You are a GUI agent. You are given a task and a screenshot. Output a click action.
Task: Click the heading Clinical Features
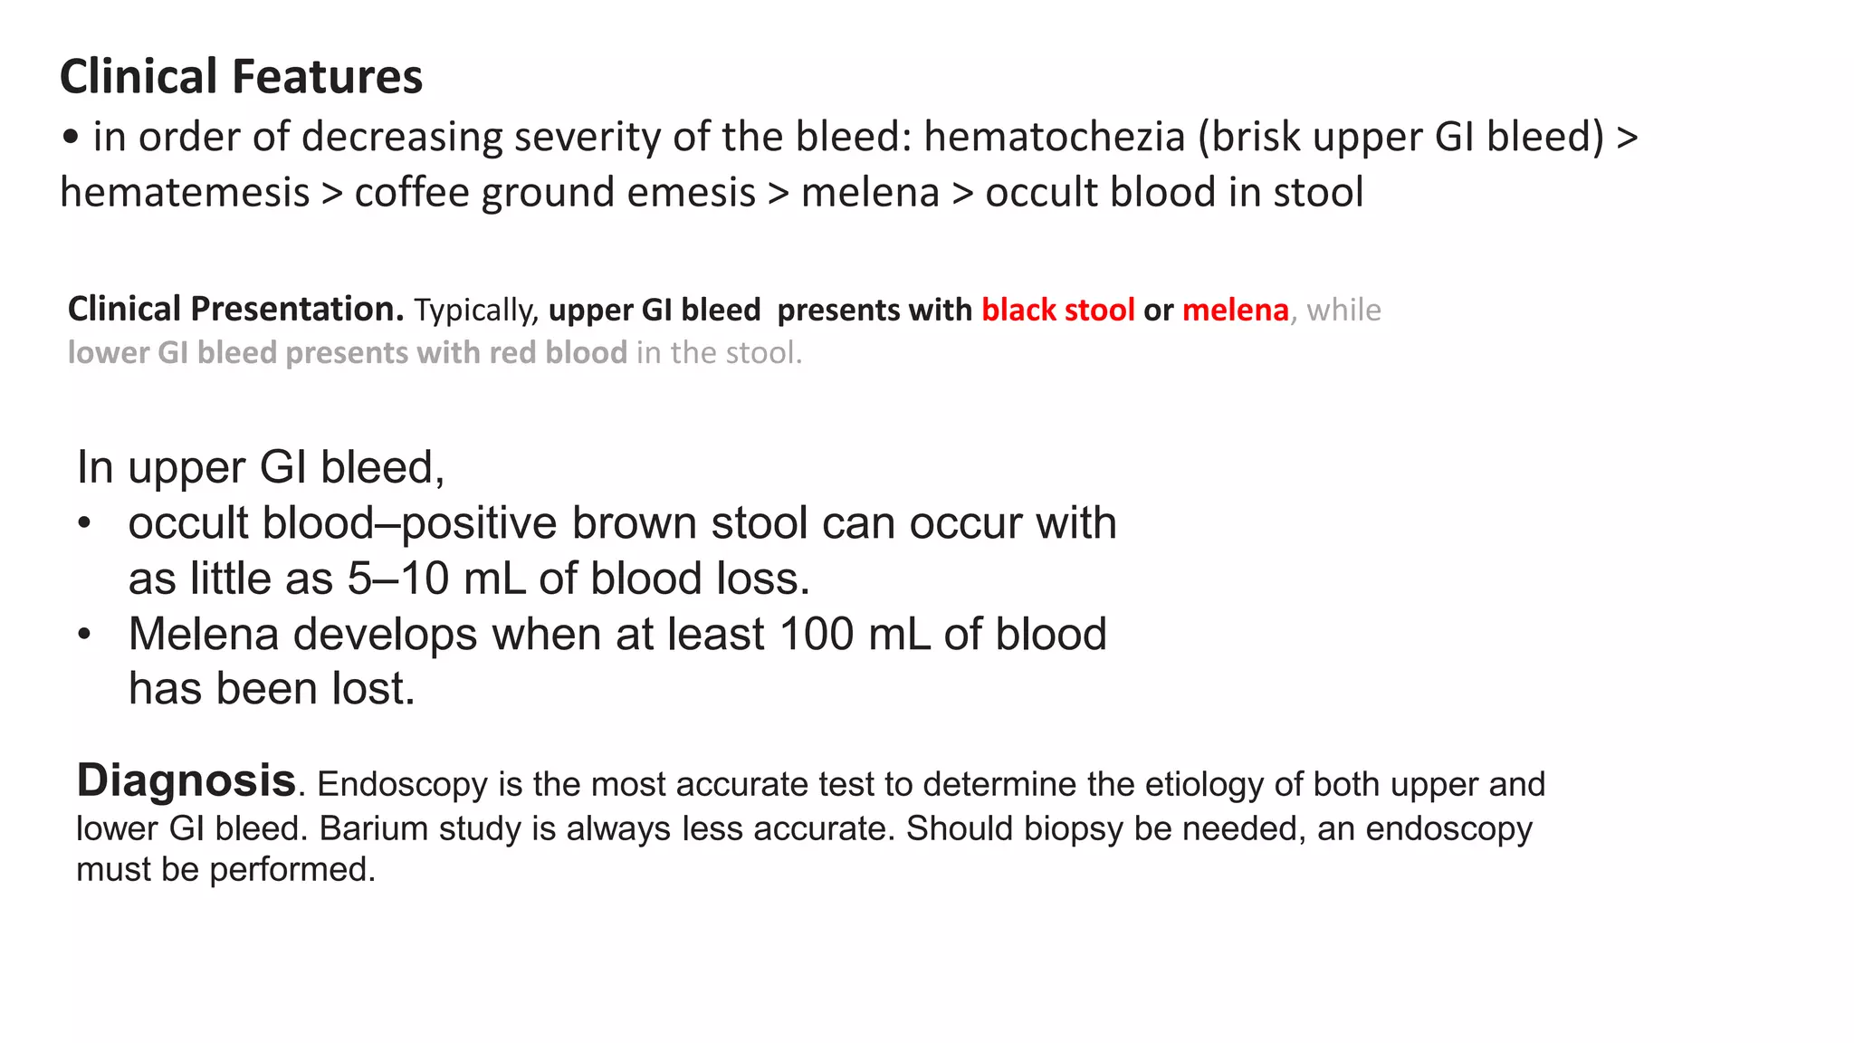tap(241, 76)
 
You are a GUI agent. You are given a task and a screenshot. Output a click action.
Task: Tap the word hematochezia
tap(1054, 138)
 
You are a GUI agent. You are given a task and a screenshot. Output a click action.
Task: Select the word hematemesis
tap(185, 193)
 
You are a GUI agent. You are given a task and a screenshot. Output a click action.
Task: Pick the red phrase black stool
tap(1057, 310)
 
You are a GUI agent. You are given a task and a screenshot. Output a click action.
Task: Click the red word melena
tap(1235, 310)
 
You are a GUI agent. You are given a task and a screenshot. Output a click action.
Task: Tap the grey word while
tap(1343, 310)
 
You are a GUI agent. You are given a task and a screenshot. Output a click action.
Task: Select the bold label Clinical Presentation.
tap(235, 310)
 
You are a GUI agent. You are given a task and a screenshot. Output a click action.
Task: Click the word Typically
tap(476, 311)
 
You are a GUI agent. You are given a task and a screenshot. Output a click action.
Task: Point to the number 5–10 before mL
tap(398, 579)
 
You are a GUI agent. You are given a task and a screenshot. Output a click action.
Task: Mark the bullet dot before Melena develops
tap(84, 635)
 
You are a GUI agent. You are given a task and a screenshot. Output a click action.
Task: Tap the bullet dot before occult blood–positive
tap(84, 524)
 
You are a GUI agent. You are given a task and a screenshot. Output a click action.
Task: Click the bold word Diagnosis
tap(186, 780)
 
